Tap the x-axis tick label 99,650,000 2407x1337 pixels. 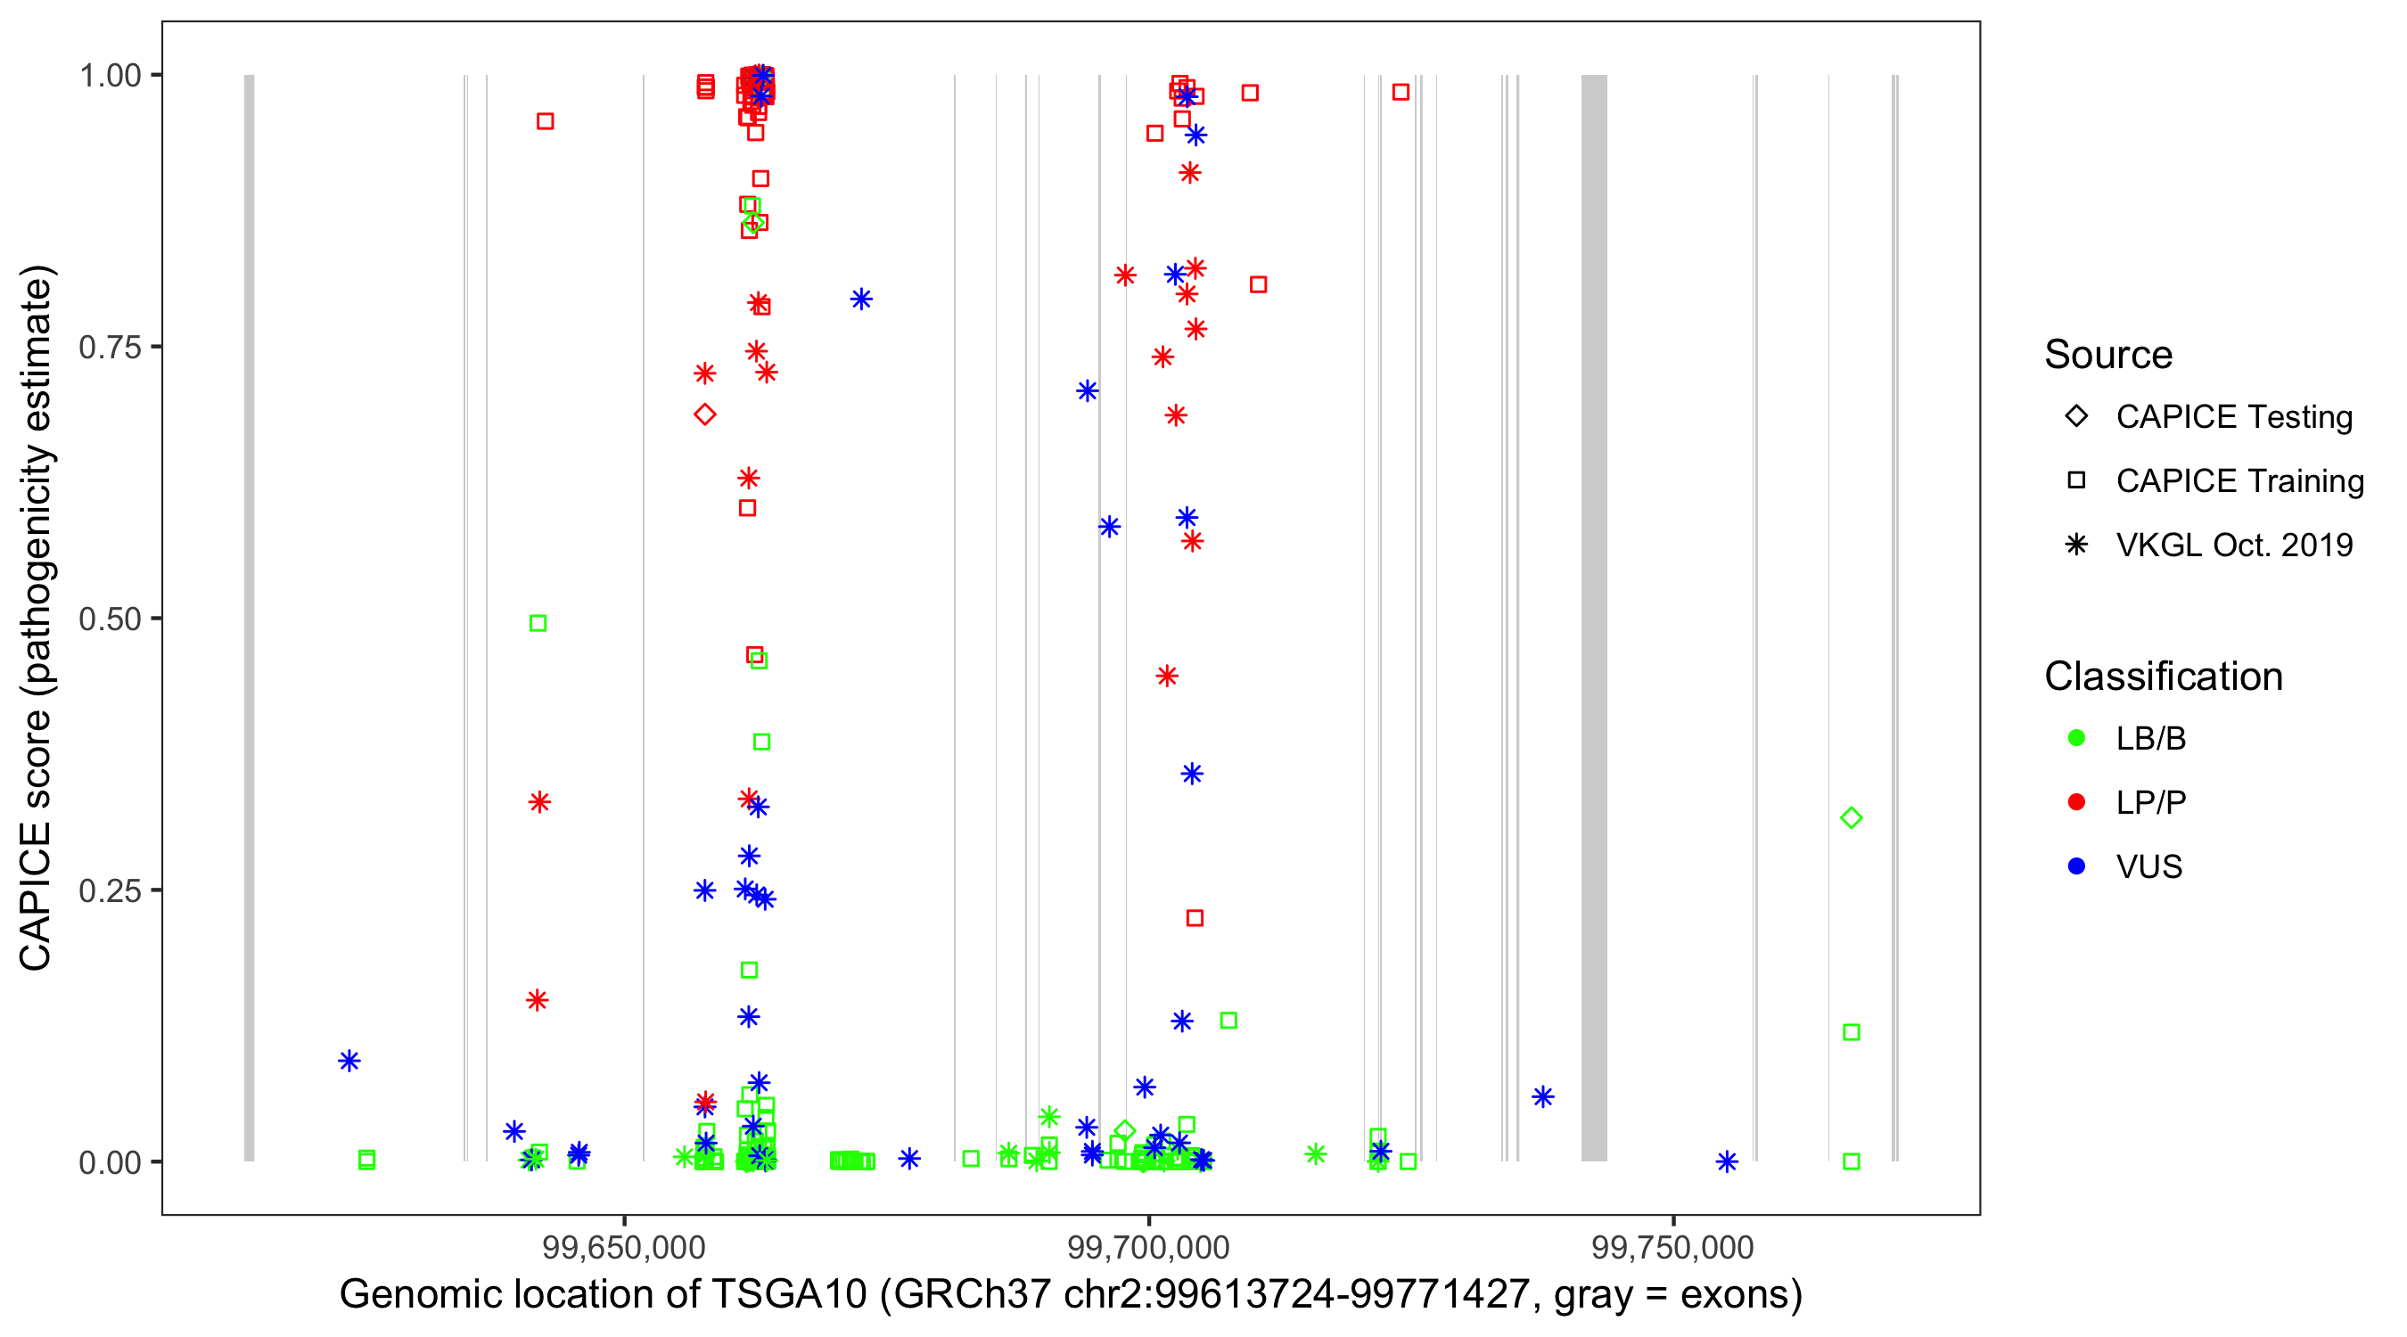624,1246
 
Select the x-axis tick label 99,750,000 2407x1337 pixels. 1672,1246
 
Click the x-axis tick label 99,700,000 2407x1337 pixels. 1148,1246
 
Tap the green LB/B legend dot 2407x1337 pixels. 2076,738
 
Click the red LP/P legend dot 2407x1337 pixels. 2076,802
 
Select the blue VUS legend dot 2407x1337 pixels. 2076,866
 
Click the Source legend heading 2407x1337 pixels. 2108,355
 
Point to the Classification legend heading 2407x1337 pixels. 2163,677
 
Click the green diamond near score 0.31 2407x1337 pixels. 1851,818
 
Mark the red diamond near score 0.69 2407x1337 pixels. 705,414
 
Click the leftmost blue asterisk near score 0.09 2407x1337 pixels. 349,1061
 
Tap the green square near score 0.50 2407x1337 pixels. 538,623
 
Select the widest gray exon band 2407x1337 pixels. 1594,618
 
